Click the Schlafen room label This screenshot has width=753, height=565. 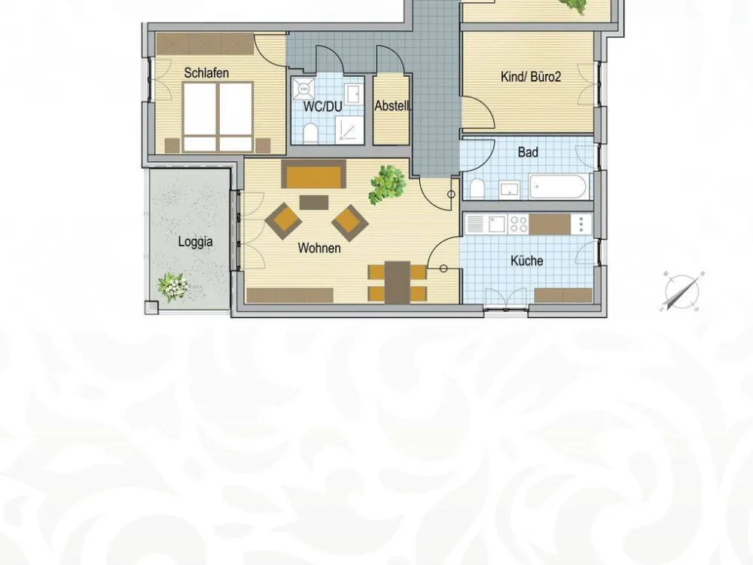(206, 73)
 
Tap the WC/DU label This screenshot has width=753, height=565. (323, 106)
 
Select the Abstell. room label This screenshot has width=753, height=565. (392, 105)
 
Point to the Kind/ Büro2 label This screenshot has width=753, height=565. (531, 76)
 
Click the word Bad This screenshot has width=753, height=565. (528, 152)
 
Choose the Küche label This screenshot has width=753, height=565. (527, 261)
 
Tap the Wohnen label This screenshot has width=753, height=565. (319, 248)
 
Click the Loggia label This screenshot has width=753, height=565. (195, 241)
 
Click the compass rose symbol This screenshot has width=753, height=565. (682, 291)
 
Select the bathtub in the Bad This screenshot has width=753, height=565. (558, 187)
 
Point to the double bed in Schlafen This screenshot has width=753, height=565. (218, 117)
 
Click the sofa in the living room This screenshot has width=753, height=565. (313, 174)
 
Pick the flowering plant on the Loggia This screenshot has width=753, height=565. (172, 287)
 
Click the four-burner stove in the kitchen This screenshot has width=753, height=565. (519, 224)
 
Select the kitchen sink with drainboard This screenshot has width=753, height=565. (486, 224)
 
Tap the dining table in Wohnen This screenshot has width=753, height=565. (398, 282)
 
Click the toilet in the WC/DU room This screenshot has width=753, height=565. (310, 133)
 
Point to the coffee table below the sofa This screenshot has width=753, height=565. (314, 202)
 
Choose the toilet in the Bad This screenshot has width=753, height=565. (477, 188)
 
